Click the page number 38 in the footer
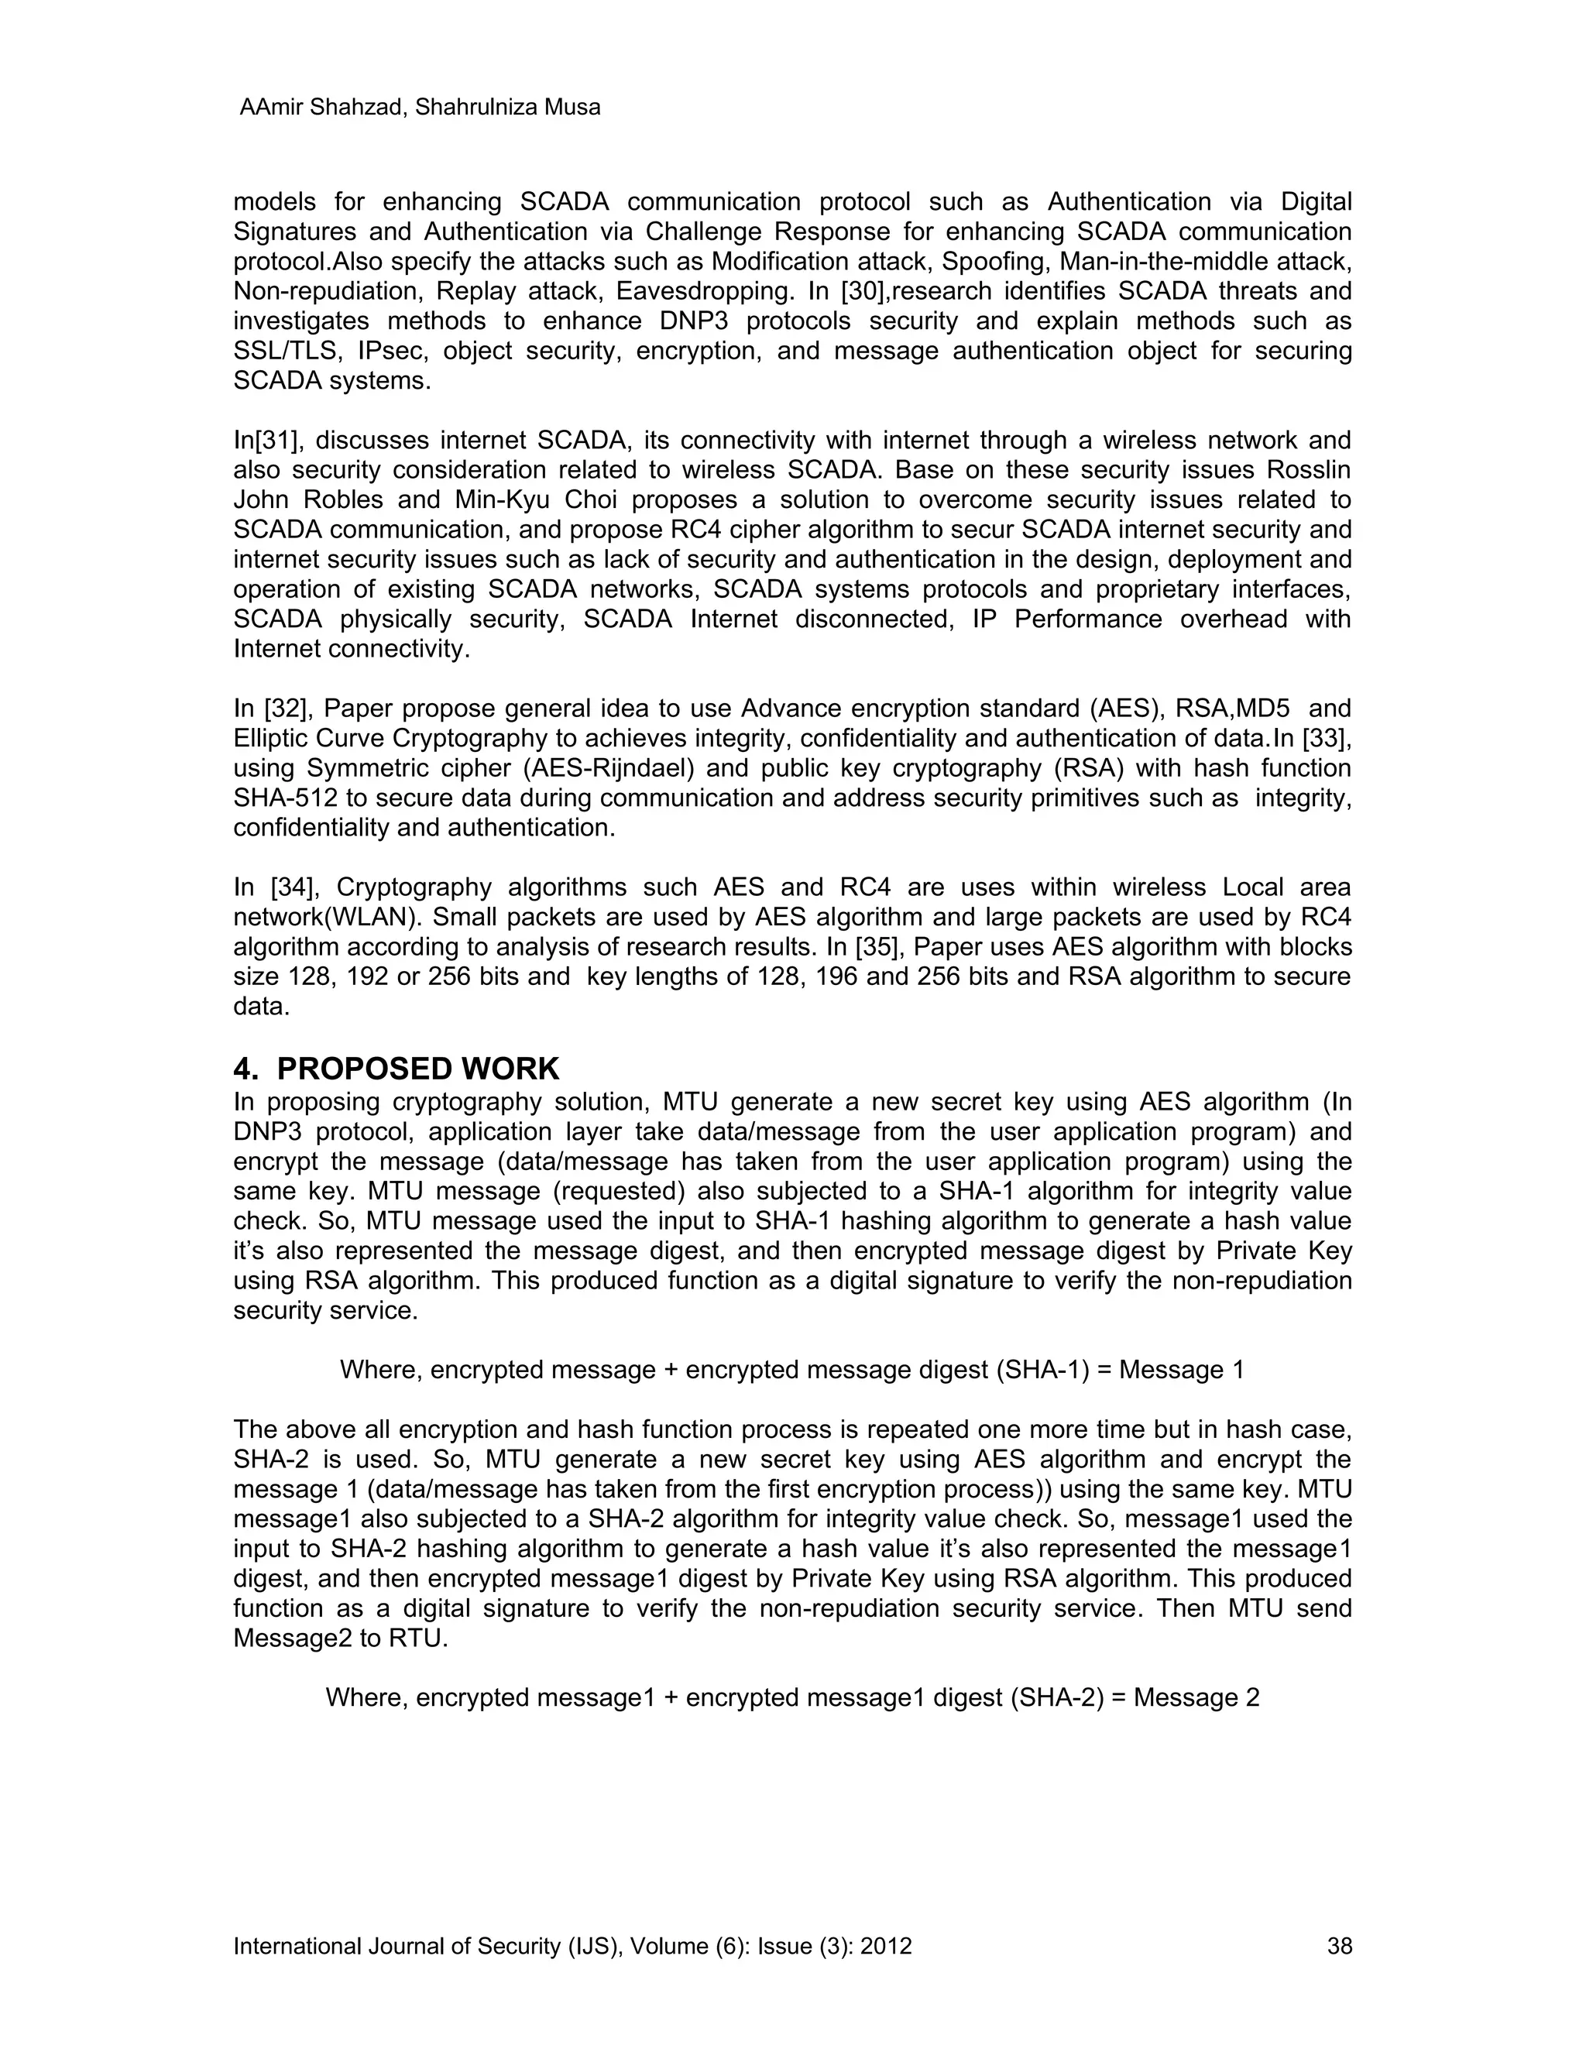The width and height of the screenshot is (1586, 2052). tap(1339, 1945)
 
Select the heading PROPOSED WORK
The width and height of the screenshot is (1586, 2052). tap(418, 1069)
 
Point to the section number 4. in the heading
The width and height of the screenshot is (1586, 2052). tap(246, 1069)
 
